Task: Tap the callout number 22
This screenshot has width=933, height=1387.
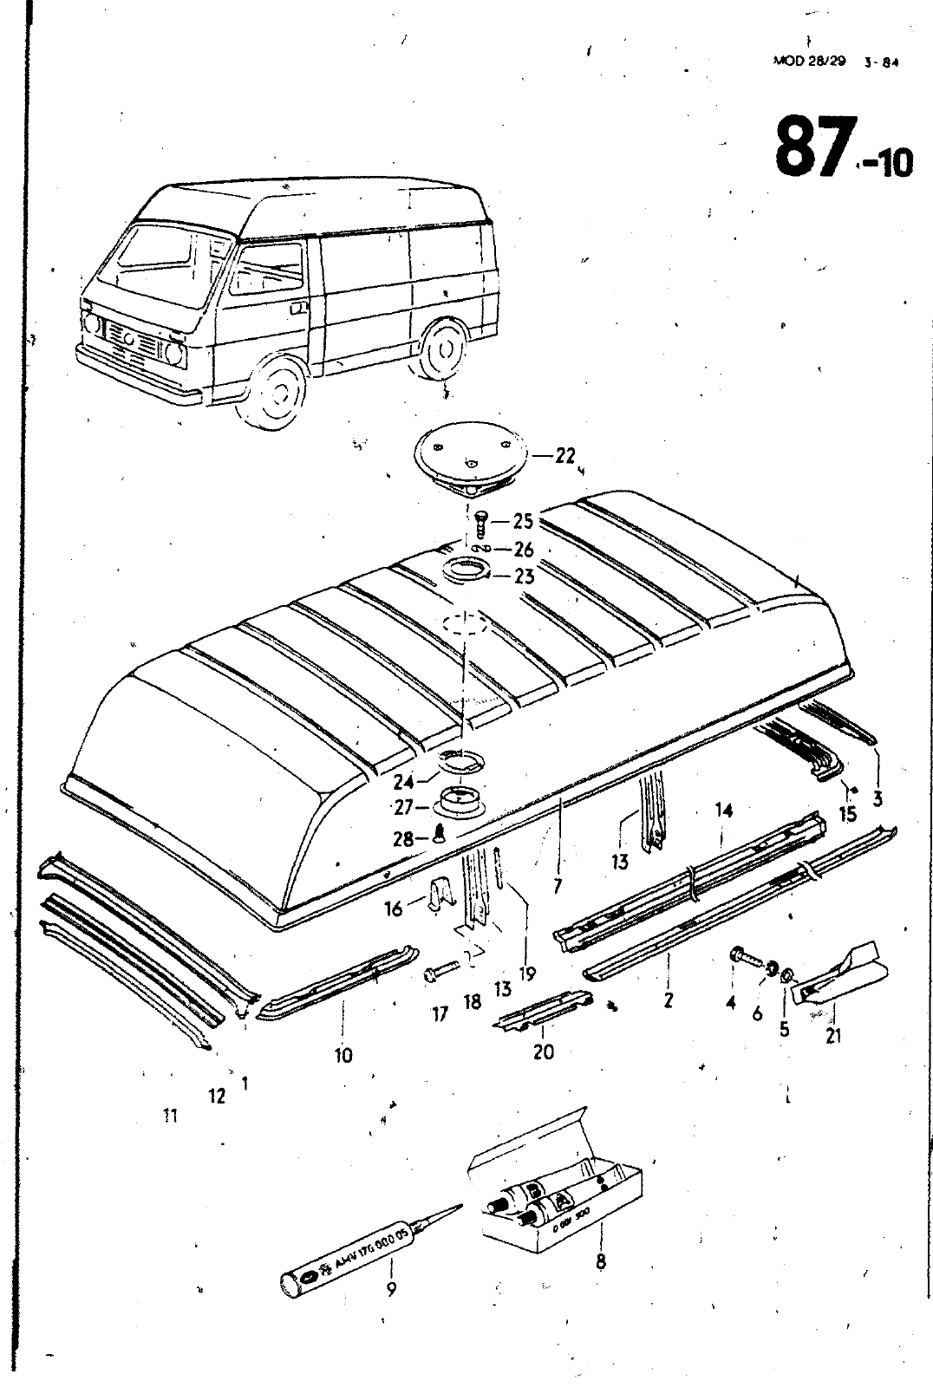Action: [x=565, y=455]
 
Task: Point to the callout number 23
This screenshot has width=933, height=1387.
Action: [x=524, y=576]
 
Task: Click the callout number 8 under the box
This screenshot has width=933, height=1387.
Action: [x=600, y=1261]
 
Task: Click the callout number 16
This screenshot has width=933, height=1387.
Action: [x=394, y=908]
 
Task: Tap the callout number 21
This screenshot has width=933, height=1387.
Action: [x=833, y=1035]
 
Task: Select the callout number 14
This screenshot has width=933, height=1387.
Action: [x=724, y=810]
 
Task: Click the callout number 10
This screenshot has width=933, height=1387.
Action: [x=343, y=1055]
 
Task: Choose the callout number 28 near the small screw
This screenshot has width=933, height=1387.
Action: [x=402, y=839]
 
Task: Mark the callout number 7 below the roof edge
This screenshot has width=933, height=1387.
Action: [x=558, y=885]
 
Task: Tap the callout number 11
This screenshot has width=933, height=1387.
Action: [x=170, y=1116]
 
